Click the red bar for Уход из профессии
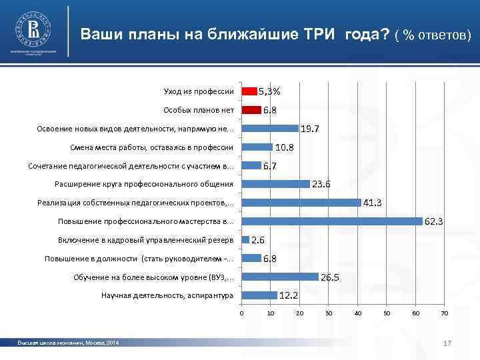tap(249, 91)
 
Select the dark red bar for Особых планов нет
tap(251, 110)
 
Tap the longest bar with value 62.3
tap(332, 221)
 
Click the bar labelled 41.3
tap(301, 202)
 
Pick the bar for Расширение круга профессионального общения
tap(276, 184)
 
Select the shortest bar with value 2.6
tap(245, 239)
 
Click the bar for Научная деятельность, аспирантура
tap(259, 295)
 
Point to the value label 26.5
tap(330, 277)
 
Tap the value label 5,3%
tap(269, 91)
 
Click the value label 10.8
tap(285, 147)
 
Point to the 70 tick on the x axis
tap(444, 313)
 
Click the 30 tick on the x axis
tap(329, 313)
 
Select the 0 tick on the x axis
tap(242, 313)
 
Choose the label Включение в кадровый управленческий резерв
tap(146, 239)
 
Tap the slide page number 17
tap(448, 343)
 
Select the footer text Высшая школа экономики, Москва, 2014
tap(69, 343)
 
